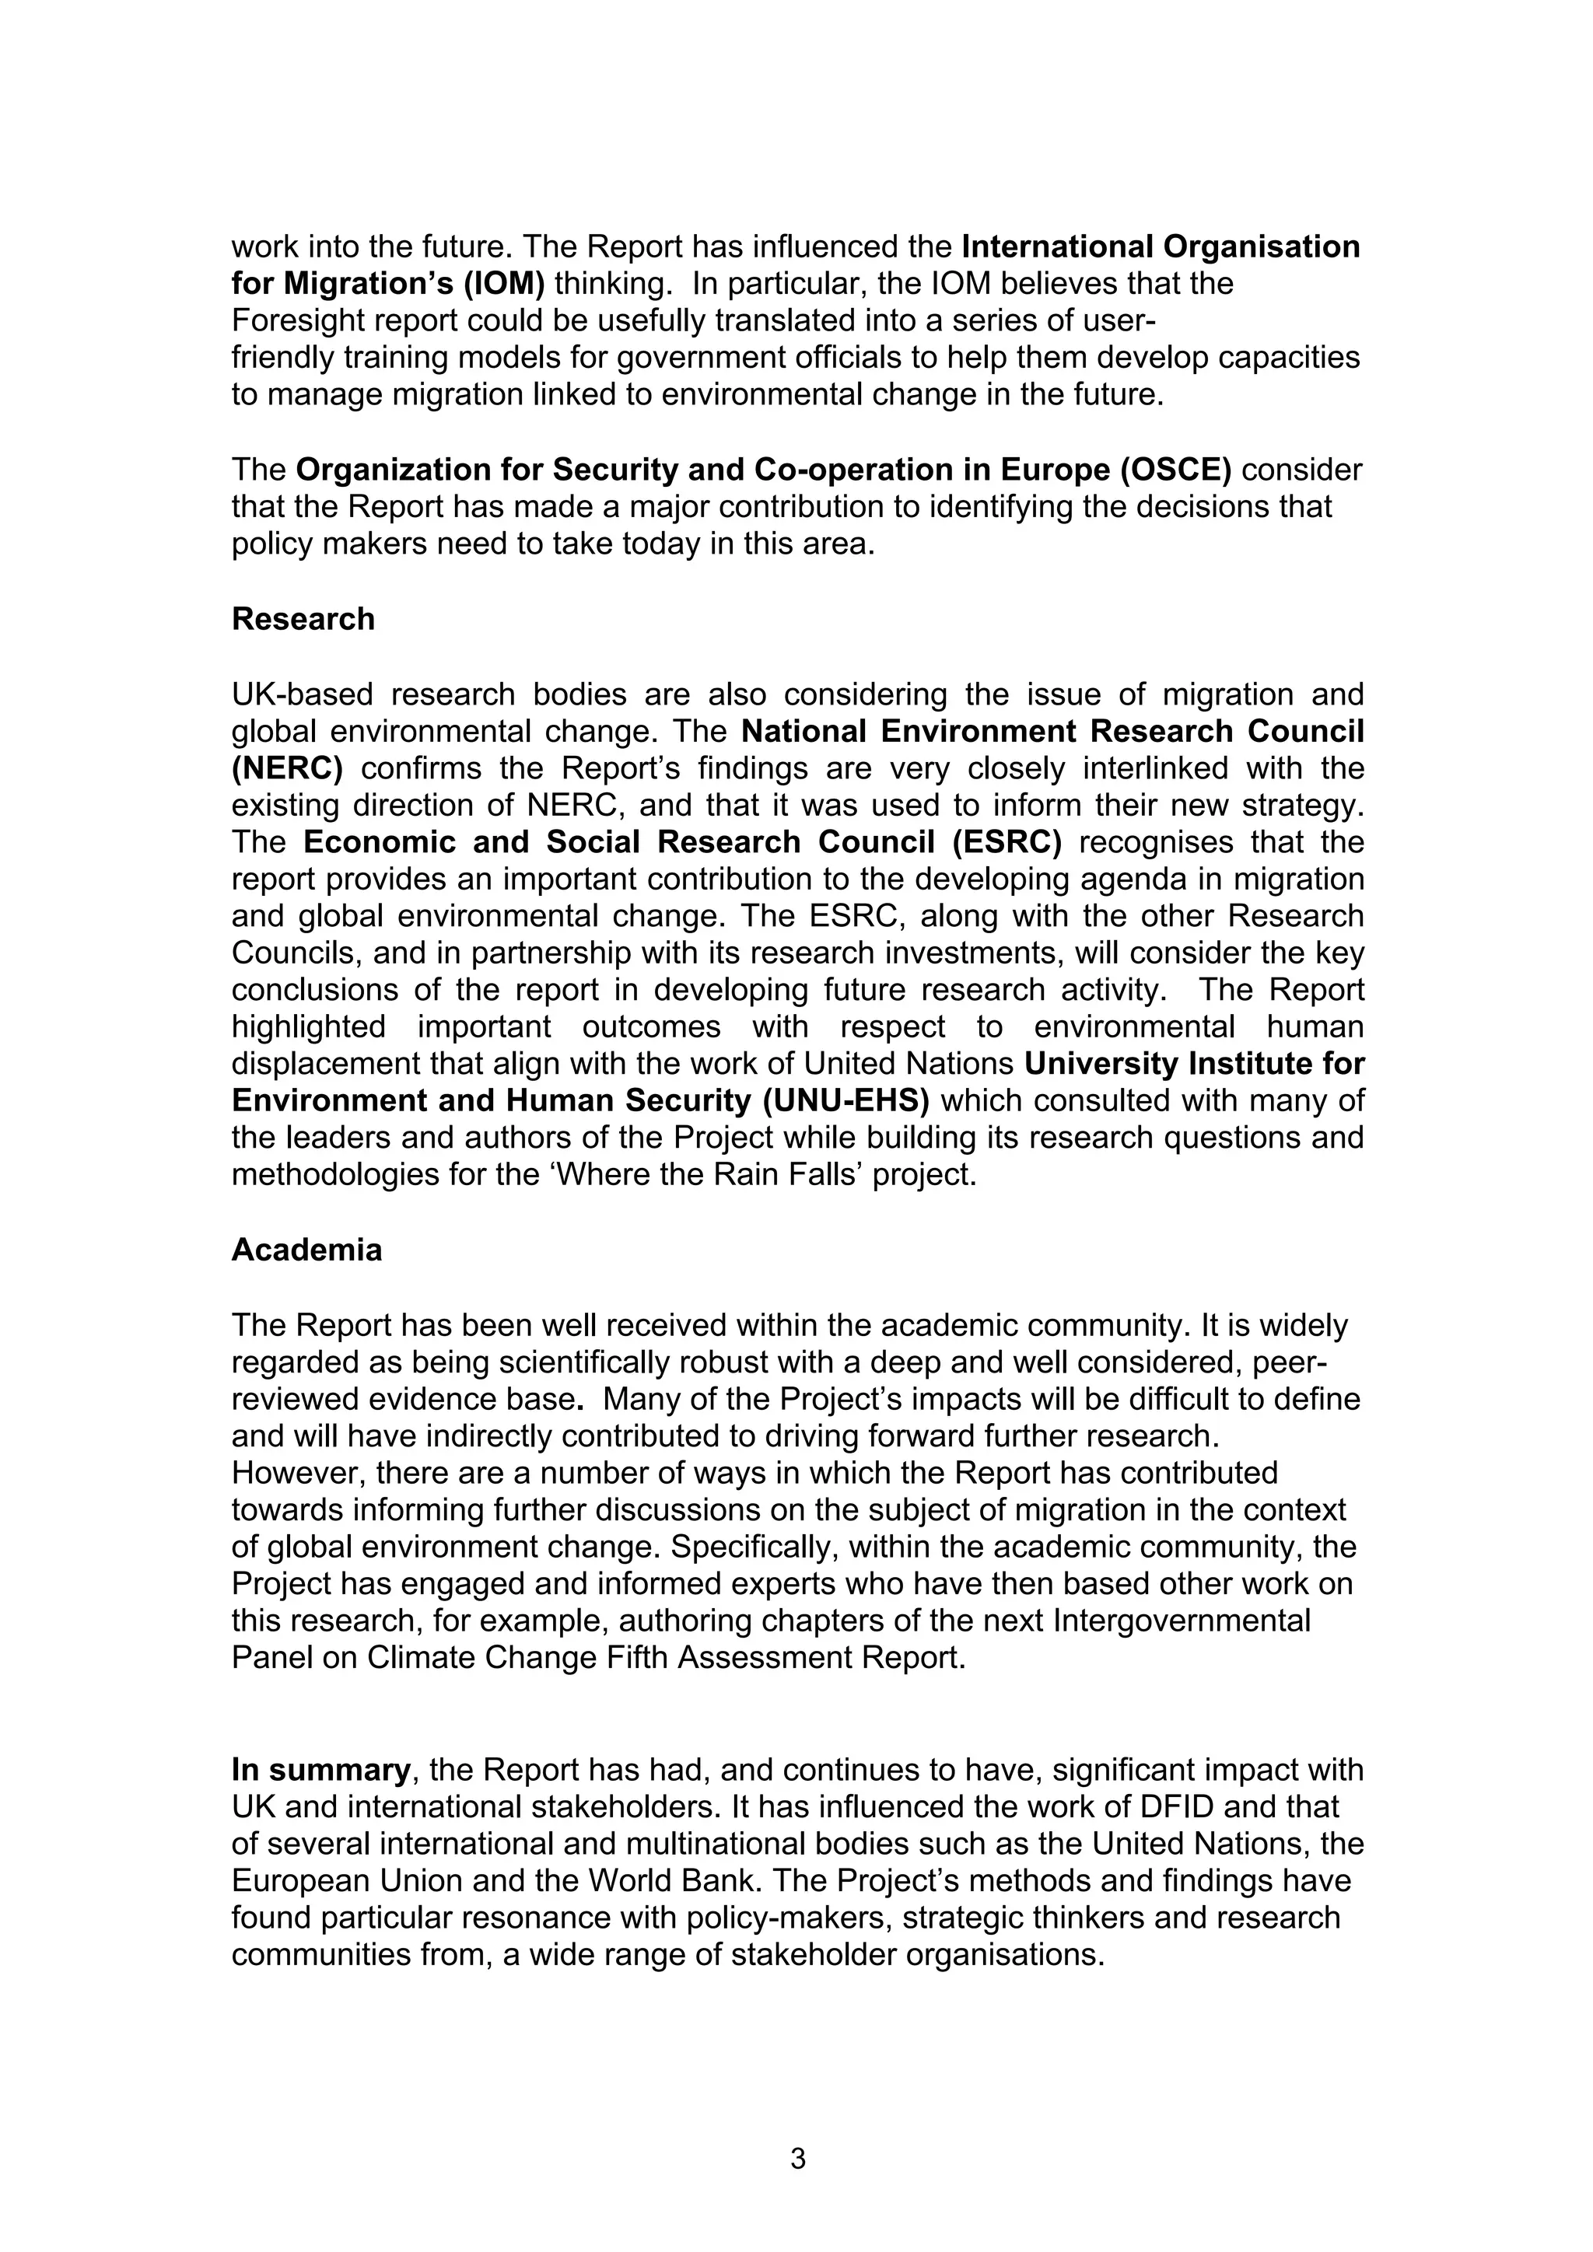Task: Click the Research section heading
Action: point(303,619)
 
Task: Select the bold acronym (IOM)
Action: point(502,285)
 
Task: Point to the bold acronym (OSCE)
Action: point(1175,470)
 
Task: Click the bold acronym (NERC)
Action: point(286,768)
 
